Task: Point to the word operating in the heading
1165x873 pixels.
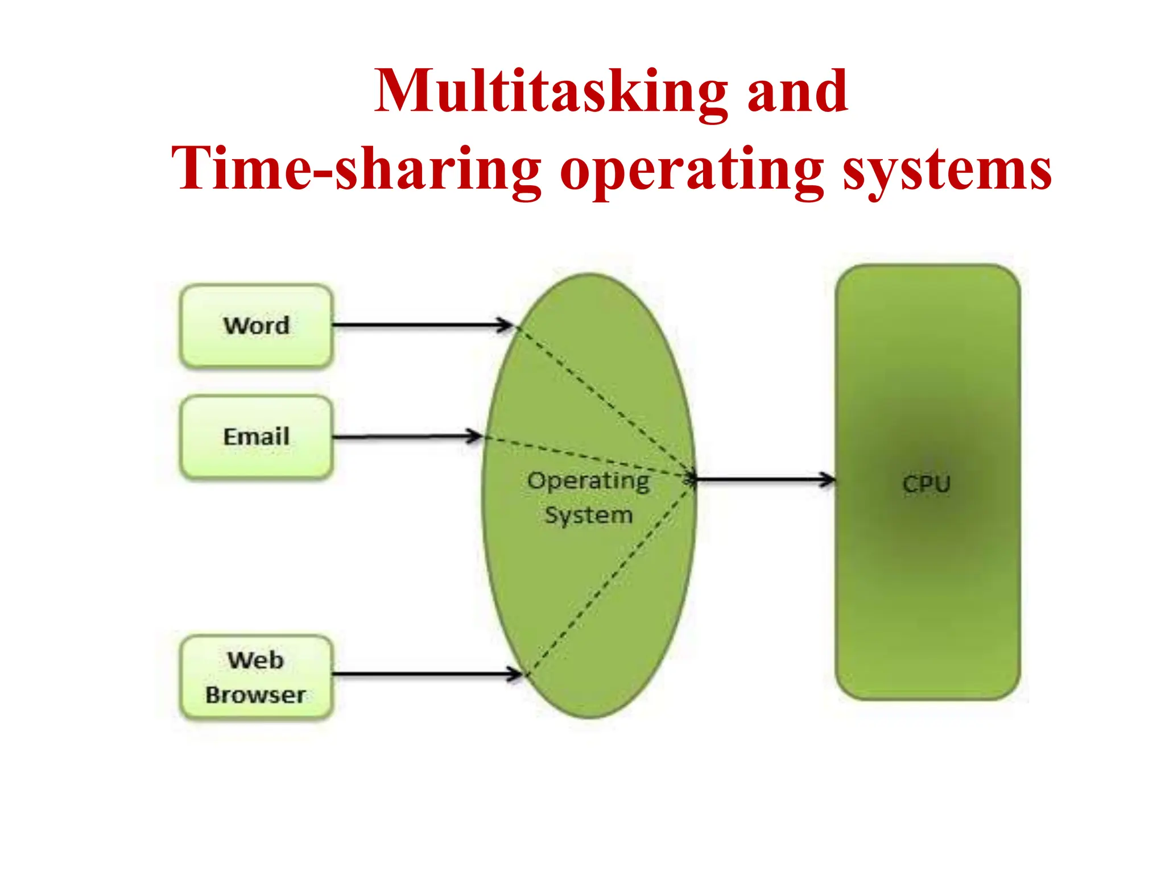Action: pos(692,169)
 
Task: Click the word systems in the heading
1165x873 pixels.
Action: pos(947,169)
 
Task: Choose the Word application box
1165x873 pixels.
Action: pos(256,326)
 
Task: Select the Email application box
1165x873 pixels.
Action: pos(256,437)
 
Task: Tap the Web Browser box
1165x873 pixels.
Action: pos(256,677)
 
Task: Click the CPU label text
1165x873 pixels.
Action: pos(927,484)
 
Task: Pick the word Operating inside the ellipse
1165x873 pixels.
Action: pos(588,482)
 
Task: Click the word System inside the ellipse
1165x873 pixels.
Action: pos(588,516)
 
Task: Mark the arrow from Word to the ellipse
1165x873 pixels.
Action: pos(421,326)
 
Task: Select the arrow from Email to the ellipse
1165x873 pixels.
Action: pos(407,437)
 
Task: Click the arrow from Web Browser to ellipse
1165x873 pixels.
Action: pos(427,675)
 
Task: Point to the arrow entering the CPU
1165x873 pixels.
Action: pos(765,480)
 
